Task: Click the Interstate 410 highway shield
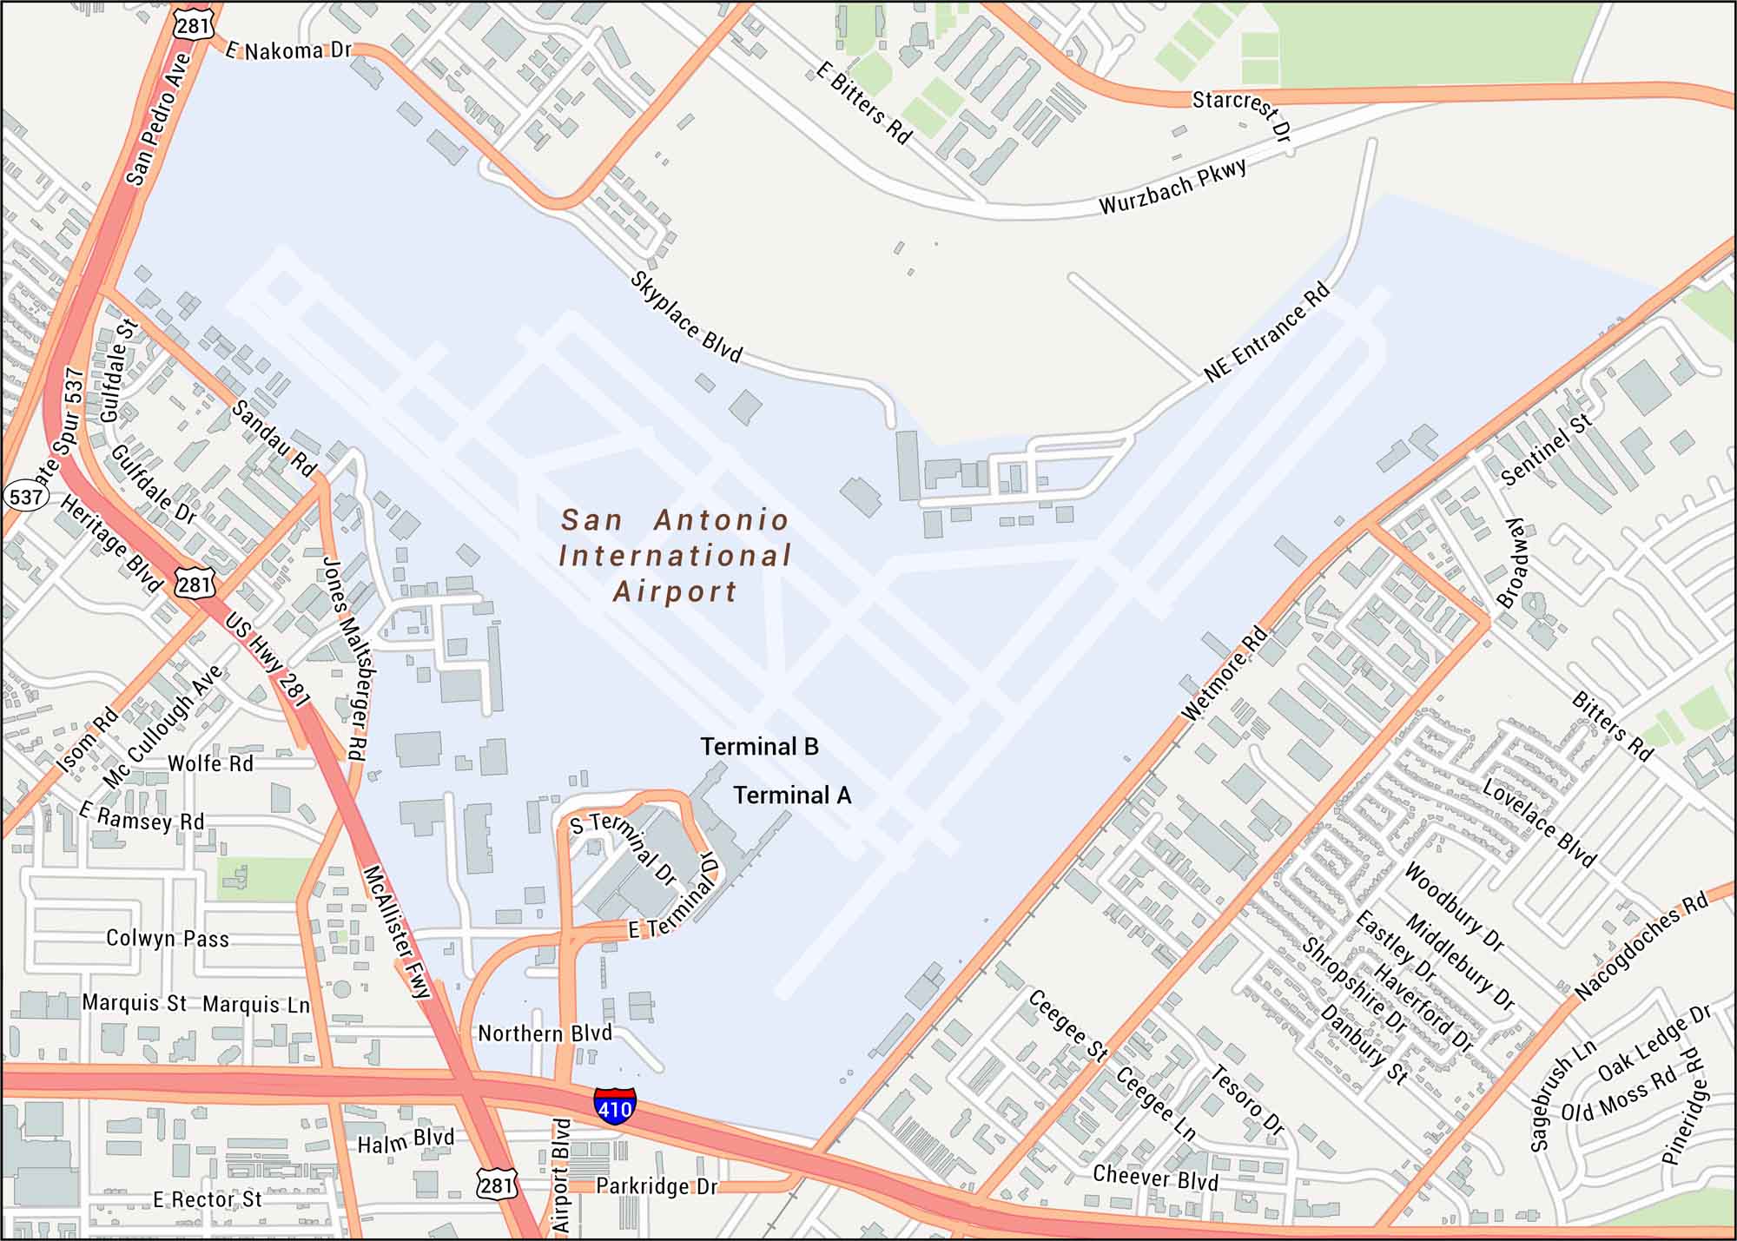614,1106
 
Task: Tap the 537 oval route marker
25,497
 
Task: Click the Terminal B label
759,747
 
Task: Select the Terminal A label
792,795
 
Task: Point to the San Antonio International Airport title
675,556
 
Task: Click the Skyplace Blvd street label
686,317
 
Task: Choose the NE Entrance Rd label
1267,333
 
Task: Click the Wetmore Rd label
1225,674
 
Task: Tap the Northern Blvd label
545,1033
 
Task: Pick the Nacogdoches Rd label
1641,947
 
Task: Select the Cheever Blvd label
1155,1178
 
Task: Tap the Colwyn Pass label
168,939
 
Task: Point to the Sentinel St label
1547,450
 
